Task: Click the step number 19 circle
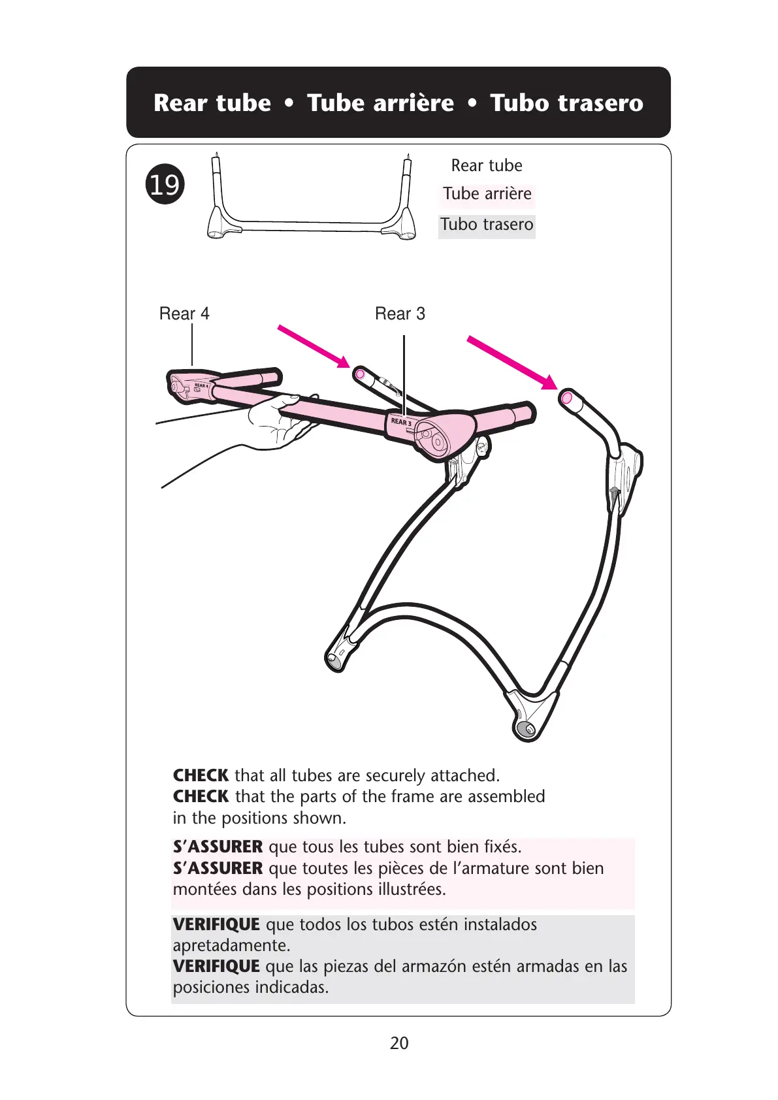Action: pos(165,184)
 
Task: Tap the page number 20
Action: pos(398,1043)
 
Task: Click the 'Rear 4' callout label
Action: pos(184,314)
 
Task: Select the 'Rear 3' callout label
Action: pos(400,314)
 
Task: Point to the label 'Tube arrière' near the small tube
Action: pos(487,194)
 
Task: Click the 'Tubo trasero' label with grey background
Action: pos(487,225)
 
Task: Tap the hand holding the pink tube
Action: pos(278,421)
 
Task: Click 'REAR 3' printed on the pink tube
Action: pos(401,422)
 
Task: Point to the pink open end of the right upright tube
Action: pos(566,397)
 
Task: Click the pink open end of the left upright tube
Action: pos(359,374)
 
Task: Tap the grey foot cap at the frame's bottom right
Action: pos(524,728)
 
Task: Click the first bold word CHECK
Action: pos(201,775)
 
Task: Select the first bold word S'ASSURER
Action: pos(218,847)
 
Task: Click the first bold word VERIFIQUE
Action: pos(216,924)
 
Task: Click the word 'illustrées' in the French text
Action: pos(405,889)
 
